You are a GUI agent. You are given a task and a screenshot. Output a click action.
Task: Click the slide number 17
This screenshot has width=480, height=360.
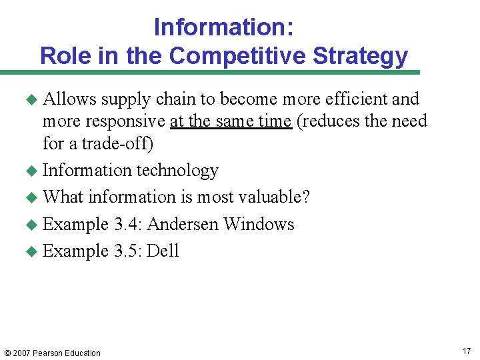[x=465, y=351]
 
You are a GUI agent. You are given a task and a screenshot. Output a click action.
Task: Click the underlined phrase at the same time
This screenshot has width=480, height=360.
[x=231, y=121]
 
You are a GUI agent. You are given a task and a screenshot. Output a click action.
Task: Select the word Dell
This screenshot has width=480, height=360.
[x=163, y=251]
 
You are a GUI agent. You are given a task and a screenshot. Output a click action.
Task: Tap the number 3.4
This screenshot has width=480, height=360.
[x=127, y=224]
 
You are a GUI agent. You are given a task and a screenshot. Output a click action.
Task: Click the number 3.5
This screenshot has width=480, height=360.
[x=127, y=251]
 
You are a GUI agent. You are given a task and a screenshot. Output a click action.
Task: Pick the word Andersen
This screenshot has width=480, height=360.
[x=183, y=224]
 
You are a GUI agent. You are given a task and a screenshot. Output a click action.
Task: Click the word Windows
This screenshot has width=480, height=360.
[x=259, y=224]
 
